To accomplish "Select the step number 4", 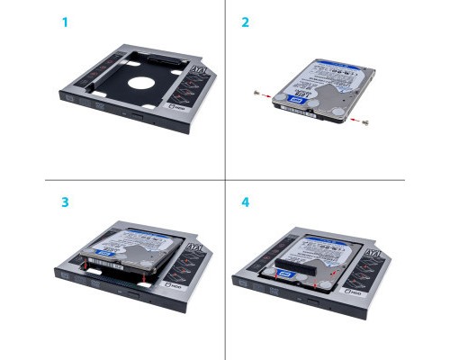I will pos(245,201).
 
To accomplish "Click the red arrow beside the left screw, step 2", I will pos(267,93).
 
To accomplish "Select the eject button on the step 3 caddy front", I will pos(138,296).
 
